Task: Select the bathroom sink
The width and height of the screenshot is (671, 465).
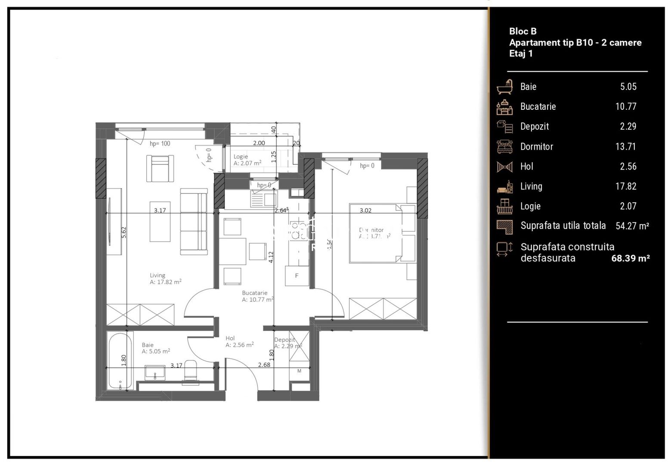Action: coord(155,373)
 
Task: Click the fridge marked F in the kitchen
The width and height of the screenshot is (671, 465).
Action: coord(297,276)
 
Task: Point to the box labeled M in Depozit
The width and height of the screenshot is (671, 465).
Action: coord(299,371)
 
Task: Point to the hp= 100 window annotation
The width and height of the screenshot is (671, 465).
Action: coord(160,144)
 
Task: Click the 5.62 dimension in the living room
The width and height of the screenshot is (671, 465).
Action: coord(124,232)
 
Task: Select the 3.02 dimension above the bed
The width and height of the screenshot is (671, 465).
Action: coord(365,211)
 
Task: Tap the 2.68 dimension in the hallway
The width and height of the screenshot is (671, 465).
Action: coord(264,365)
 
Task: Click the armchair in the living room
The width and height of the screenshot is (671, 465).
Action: coord(161,168)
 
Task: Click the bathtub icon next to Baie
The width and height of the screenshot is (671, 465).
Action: coord(504,87)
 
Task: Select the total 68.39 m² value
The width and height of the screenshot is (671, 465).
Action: coord(630,258)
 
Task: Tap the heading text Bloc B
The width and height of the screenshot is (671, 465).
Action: coord(523,31)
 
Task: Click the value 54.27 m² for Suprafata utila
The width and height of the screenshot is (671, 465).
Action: coord(632,226)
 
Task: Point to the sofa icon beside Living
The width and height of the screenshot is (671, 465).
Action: coord(504,186)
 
